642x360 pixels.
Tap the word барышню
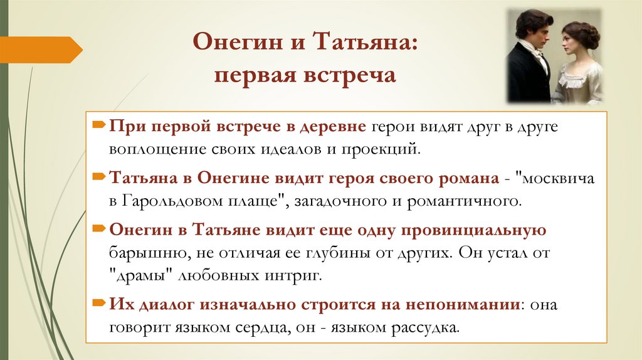[140, 254]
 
